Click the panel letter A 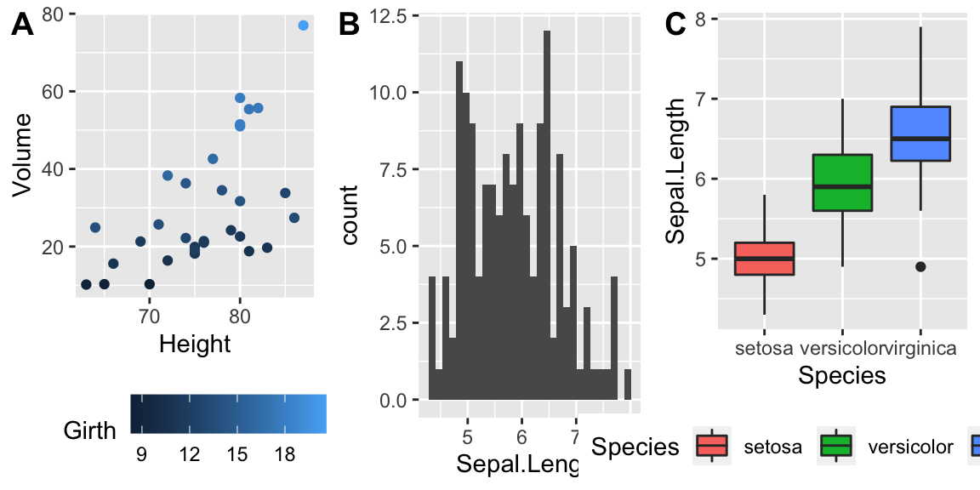coord(22,26)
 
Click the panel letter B coord(350,26)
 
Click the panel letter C coord(675,26)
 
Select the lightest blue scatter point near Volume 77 coord(303,26)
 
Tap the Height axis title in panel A coord(195,344)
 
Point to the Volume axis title coord(24,156)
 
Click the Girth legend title coord(90,431)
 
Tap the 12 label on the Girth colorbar coord(189,455)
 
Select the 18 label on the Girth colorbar coord(284,455)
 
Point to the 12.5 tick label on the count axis coord(388,15)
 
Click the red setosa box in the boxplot coord(764,259)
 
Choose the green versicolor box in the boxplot coord(842,182)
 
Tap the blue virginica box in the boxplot coord(920,134)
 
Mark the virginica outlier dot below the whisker coord(920,267)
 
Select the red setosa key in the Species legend coord(712,446)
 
